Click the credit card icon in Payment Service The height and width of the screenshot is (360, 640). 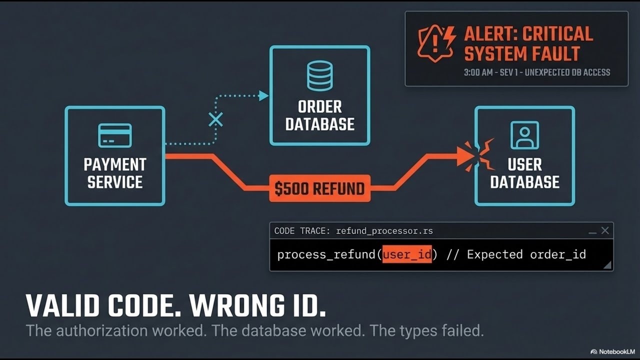point(115,135)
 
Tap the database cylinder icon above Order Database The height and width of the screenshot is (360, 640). point(319,75)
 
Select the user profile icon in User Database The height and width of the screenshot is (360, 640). point(524,135)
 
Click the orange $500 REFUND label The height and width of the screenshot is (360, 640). point(319,188)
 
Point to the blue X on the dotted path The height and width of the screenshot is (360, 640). point(215,119)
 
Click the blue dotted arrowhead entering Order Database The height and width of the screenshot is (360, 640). point(263,95)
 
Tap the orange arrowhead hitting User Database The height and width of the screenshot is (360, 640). point(465,156)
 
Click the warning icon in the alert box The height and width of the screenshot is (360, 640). point(436,43)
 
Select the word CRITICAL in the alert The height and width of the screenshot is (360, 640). point(558,34)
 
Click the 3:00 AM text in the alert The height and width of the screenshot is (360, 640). point(478,72)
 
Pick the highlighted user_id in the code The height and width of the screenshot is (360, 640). point(407,254)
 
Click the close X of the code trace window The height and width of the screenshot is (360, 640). point(605,230)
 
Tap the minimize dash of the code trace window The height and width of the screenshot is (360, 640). point(592,233)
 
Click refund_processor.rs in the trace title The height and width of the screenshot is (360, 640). point(384,231)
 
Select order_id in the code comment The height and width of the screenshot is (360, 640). point(558,254)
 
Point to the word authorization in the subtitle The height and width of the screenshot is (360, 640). point(101,330)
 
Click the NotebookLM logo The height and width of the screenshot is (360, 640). point(612,351)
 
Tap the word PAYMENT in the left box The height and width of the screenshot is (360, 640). point(115,164)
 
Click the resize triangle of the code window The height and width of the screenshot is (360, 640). point(607,265)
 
